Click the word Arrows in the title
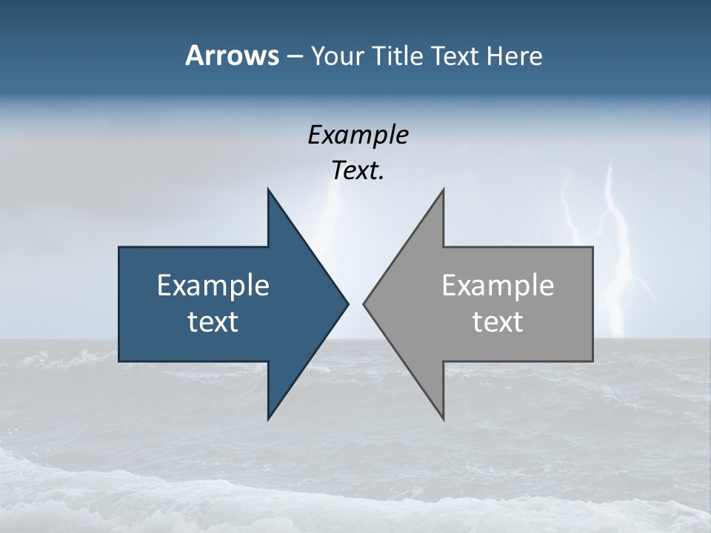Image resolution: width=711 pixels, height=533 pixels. [x=231, y=56]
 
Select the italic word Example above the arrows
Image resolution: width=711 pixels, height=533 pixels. [x=358, y=135]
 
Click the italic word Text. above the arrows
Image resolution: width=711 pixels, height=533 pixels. [x=358, y=170]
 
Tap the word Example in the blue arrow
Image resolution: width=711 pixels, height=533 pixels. [x=213, y=285]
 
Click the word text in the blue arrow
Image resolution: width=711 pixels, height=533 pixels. [x=213, y=321]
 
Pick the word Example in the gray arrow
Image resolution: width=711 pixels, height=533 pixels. [x=498, y=285]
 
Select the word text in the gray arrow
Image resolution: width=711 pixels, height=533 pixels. [x=498, y=321]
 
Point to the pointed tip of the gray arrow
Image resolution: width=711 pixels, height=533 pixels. [x=364, y=304]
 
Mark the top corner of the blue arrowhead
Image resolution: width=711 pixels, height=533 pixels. [x=268, y=190]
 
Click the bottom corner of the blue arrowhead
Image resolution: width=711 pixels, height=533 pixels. [x=268, y=418]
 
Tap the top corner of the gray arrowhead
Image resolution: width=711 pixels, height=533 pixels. [x=443, y=190]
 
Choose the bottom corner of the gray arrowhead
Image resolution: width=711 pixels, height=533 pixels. [x=443, y=418]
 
